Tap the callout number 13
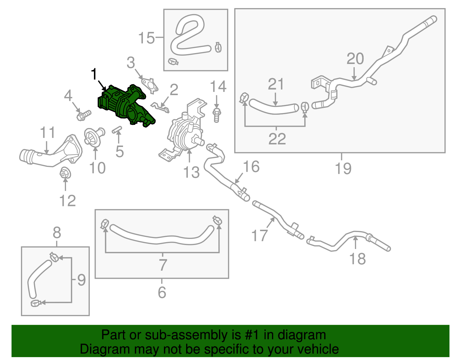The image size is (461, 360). click(x=191, y=172)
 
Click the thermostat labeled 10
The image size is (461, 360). click(x=93, y=137)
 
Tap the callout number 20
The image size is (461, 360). click(x=355, y=59)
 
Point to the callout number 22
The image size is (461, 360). click(x=277, y=139)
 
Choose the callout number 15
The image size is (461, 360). click(x=146, y=38)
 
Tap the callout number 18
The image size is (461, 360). click(x=357, y=259)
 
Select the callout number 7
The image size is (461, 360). click(x=163, y=265)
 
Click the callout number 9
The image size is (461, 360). click(x=82, y=280)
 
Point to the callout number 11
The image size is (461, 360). click(x=47, y=133)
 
